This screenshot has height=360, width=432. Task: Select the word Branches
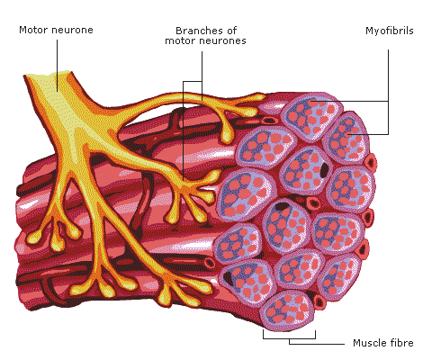(x=197, y=31)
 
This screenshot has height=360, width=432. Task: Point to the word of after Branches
(x=229, y=31)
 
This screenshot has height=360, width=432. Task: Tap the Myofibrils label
(x=390, y=31)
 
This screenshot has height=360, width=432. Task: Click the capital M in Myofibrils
(x=370, y=31)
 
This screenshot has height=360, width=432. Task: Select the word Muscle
(x=367, y=343)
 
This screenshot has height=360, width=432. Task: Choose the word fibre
(x=400, y=343)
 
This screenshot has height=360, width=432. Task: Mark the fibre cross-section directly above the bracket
(x=287, y=310)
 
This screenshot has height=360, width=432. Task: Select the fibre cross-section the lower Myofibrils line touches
(x=346, y=138)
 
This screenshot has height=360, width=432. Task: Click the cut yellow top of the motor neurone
(x=48, y=75)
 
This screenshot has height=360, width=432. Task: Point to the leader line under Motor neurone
(x=57, y=66)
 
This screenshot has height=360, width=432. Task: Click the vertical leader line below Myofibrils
(x=389, y=92)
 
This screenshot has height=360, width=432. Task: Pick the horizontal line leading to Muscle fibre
(x=317, y=344)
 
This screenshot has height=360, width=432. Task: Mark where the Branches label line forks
(x=202, y=81)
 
